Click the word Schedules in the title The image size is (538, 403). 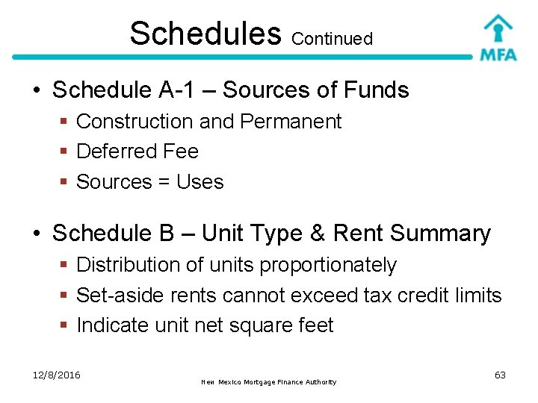pos(205,34)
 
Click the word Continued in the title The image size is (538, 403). pos(332,39)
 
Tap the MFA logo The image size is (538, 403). pos(498,37)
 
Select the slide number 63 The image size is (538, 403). pos(500,375)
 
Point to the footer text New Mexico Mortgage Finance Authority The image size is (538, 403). pos(269,382)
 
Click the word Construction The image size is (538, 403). pos(134,122)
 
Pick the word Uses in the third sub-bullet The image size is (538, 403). pos(200,182)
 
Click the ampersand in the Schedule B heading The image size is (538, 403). pos(316,234)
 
